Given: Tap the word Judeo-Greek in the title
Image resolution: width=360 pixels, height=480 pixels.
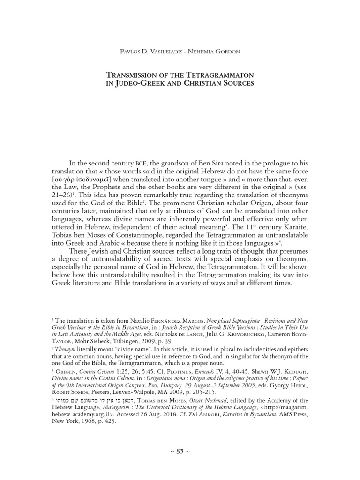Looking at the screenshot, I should click(142, 84).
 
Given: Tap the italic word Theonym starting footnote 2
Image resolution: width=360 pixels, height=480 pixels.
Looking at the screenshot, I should click(66, 349).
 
